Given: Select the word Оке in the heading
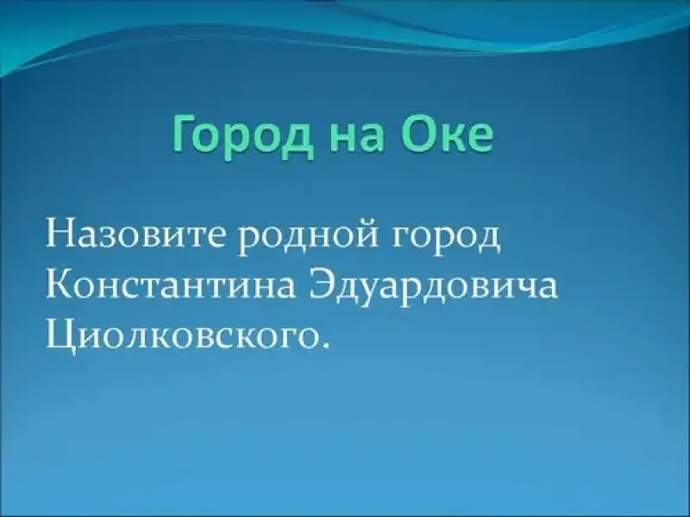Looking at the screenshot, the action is (446, 133).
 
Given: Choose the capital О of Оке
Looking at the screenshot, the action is (416, 133).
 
